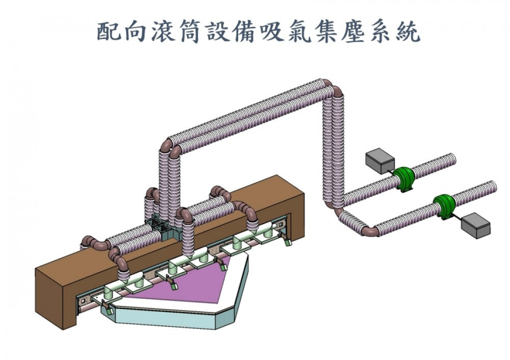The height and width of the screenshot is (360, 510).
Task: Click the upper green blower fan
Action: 403,179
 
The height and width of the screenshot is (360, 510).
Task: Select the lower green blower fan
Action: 444,207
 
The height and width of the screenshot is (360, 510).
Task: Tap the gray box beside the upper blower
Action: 380,161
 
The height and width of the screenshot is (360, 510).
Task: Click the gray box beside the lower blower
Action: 475,226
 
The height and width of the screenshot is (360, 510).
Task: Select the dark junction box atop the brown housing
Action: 162,229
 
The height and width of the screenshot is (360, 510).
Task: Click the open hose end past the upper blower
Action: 451,160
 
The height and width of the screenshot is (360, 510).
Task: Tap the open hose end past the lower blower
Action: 492,187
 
